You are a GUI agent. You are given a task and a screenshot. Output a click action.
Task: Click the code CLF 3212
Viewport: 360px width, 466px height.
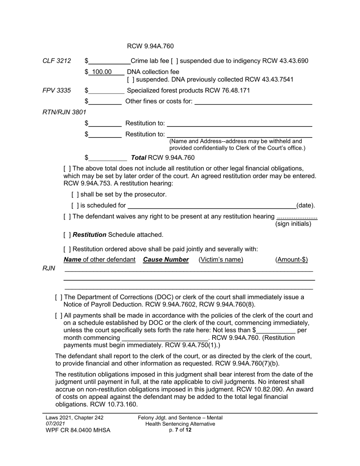[x=56, y=61]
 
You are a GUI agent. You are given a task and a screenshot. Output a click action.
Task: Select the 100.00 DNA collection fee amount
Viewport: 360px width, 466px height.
[x=102, y=72]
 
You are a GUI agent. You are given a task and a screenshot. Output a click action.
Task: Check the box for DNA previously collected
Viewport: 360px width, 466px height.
[x=130, y=80]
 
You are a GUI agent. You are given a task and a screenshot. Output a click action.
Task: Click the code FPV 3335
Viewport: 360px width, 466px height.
[x=56, y=91]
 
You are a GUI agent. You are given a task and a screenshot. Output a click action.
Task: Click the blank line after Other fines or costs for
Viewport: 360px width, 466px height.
[x=253, y=102]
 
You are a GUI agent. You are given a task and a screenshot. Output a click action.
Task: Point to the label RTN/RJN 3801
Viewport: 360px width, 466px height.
[x=64, y=112]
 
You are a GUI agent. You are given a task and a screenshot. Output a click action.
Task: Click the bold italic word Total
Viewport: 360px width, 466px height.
[x=138, y=158]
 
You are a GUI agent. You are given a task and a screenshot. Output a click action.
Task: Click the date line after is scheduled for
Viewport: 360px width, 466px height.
[x=212, y=206]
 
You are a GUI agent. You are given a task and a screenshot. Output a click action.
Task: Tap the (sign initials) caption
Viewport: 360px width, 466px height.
[x=293, y=224]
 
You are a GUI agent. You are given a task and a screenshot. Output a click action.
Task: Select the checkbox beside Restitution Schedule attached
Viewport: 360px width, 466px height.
[x=67, y=235]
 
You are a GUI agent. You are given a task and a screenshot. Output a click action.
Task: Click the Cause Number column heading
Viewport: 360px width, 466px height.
[x=166, y=260]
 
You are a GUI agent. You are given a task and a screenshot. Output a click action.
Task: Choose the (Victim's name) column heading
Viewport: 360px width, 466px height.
[x=221, y=260]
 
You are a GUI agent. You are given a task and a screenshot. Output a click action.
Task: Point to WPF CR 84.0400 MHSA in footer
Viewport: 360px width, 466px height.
[x=78, y=430]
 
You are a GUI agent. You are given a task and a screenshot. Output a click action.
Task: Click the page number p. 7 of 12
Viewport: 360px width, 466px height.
[x=180, y=430]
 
